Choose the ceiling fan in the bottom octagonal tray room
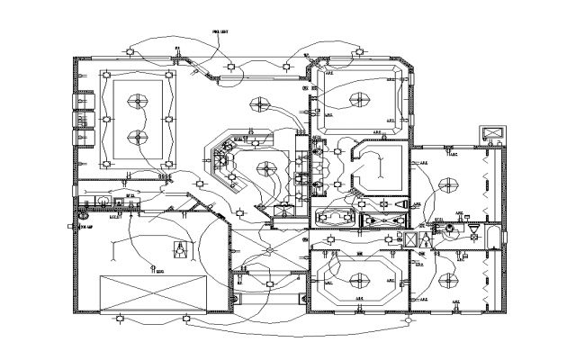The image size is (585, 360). pyautogui.click(x=356, y=277)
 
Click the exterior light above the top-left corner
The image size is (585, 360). pyautogui.click(x=131, y=51)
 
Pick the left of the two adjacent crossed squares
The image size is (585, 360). pyautogui.click(x=410, y=240)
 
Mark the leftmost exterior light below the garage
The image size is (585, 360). pyautogui.click(x=118, y=319)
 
